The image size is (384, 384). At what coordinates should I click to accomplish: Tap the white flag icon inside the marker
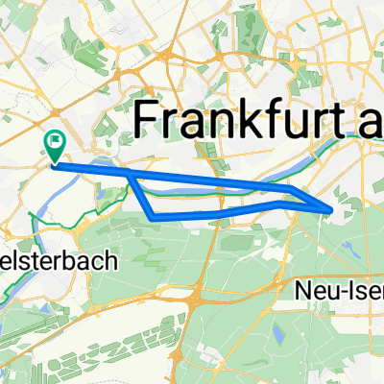[55, 143]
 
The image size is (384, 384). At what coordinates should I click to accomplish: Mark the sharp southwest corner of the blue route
[153, 217]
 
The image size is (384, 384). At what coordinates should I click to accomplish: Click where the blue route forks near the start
[130, 173]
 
